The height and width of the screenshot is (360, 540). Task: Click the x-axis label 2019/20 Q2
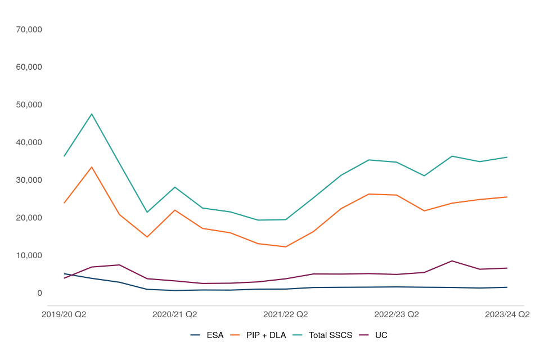coord(64,314)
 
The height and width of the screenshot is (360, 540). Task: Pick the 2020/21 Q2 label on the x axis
coord(175,314)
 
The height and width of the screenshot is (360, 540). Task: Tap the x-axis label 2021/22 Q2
coord(286,314)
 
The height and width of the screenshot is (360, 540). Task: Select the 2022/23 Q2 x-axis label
coord(397,314)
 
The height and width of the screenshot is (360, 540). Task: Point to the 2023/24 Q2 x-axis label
coord(507,314)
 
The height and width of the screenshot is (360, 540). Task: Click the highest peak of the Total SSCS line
coord(92,114)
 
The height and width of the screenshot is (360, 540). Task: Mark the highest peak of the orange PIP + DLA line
coord(92,167)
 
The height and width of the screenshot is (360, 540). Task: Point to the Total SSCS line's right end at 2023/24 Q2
coord(507,157)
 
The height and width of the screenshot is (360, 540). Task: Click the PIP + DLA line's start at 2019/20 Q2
coord(64,203)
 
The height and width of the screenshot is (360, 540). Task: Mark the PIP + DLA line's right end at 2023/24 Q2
coord(507,197)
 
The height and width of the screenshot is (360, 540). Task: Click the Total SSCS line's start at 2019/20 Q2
coord(64,156)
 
